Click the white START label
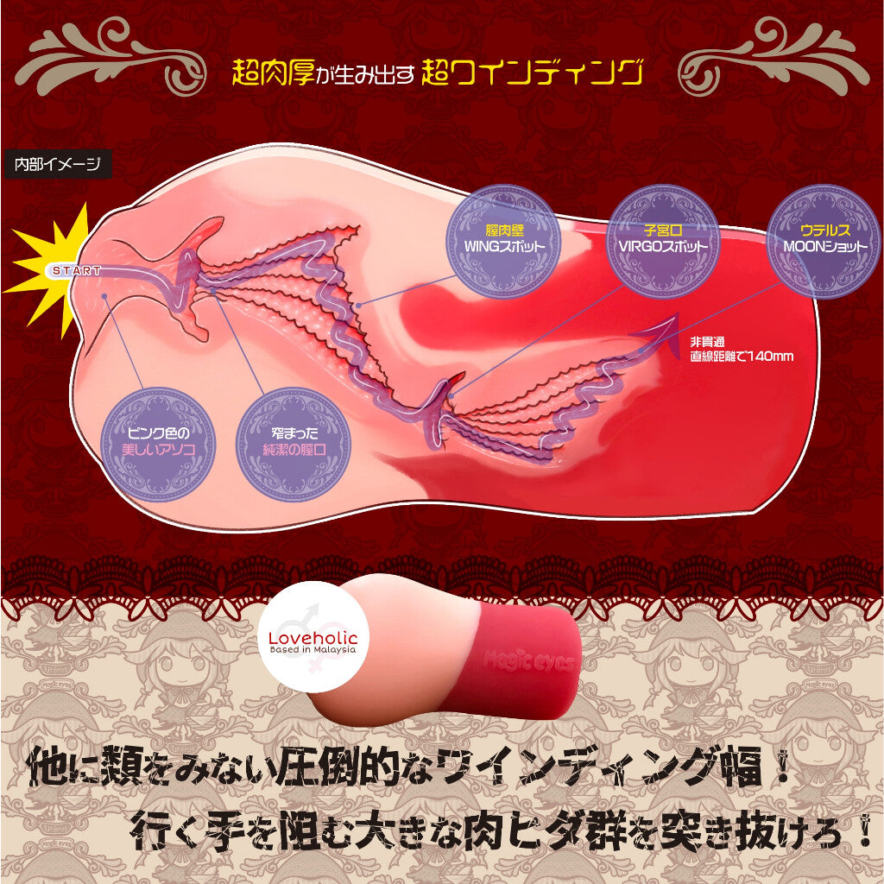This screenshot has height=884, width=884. (x=77, y=270)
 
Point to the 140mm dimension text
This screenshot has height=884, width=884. (x=742, y=355)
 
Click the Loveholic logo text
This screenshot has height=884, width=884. (x=313, y=637)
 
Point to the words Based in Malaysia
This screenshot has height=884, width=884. (x=313, y=651)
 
